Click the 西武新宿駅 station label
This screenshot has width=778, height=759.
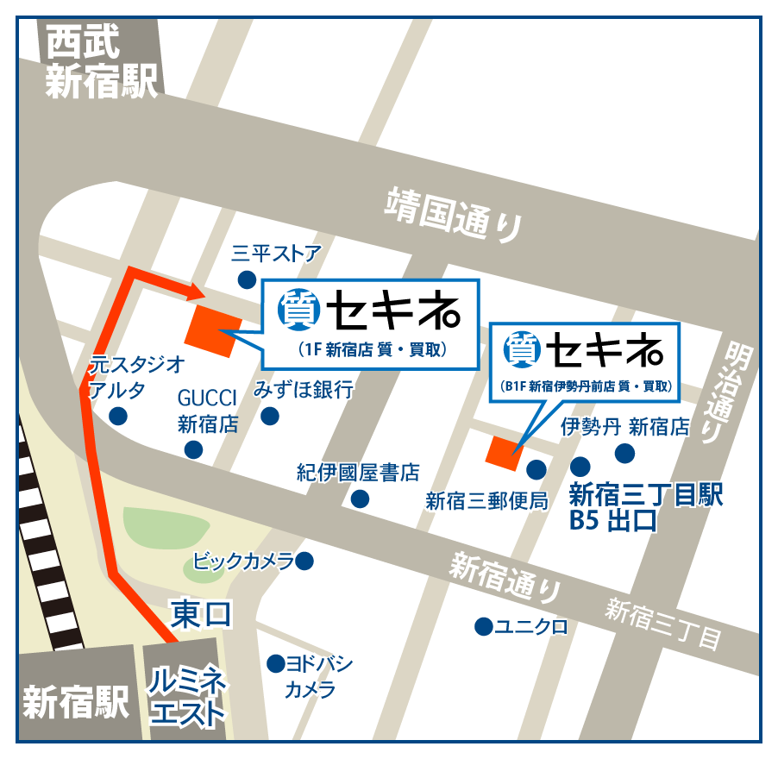[x=102, y=61]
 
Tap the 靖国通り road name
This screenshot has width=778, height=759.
[x=455, y=212]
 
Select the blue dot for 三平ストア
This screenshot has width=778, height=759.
[x=248, y=279]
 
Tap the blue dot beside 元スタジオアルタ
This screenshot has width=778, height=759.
[x=118, y=417]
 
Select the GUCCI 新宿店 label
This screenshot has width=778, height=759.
[x=207, y=411]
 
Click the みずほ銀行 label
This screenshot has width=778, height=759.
[x=303, y=390]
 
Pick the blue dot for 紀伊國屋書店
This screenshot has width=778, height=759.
[x=360, y=499]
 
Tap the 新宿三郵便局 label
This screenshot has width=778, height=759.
[x=486, y=501]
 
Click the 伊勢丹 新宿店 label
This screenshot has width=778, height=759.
[x=624, y=426]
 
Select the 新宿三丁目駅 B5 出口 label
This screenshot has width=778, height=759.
[x=645, y=507]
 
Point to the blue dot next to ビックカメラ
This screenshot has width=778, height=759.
[x=304, y=562]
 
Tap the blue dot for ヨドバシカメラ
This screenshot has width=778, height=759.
[x=275, y=664]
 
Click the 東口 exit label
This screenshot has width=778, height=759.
[x=201, y=614]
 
